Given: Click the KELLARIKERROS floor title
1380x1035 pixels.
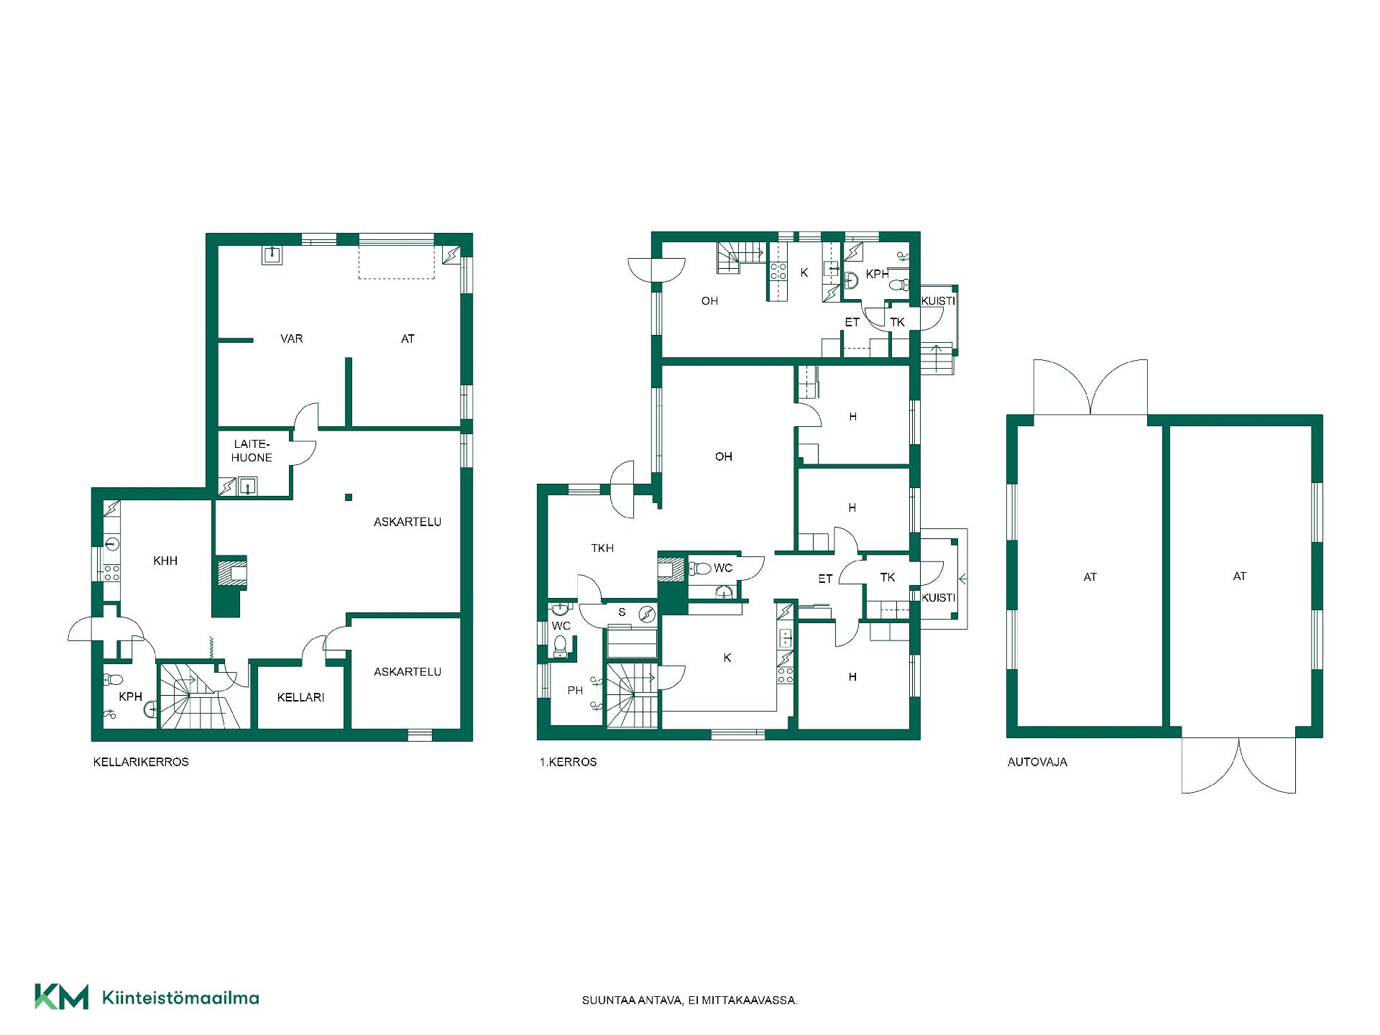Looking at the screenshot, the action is pos(141,762).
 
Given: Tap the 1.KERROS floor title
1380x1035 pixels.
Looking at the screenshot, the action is pos(568,762).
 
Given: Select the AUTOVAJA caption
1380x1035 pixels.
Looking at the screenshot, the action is pos(1037,762).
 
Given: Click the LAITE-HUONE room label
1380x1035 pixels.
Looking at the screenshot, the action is pos(252,451).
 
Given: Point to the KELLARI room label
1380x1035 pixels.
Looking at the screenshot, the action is pos(300,697).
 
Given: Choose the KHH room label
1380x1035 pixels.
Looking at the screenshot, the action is pos(165,561).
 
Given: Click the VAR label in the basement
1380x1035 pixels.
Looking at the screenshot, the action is pos(291,339).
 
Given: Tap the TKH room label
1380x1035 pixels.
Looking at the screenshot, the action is pos(602,548).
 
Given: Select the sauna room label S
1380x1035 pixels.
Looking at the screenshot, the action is pos(622,612).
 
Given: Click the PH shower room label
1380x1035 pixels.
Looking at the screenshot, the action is pos(575,691).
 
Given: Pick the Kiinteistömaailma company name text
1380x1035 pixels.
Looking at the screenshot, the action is pos(180,998).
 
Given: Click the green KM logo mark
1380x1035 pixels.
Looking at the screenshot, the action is pos(61,997).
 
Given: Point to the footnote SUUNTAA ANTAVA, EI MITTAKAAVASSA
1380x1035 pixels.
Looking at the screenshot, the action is pos(689,1000).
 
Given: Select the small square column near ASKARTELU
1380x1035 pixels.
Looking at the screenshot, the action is pos(349,497).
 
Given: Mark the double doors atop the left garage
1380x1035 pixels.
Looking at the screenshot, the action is pos(1090,387).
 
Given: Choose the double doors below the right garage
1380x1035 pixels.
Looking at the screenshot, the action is pos(1239,765).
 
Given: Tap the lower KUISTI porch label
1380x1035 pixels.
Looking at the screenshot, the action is pos(939,598).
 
